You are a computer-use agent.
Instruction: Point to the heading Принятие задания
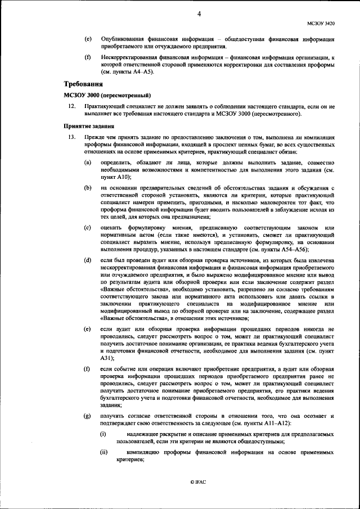pyautogui.click(x=89, y=126)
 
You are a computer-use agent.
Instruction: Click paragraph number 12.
pyautogui.click(x=71, y=106)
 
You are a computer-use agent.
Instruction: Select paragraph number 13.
pyautogui.click(x=71, y=137)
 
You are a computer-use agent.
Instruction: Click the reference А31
pyautogui.click(x=107, y=358)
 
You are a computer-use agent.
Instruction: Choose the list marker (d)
pyautogui.click(x=87, y=260)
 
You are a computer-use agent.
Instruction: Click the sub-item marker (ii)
pyautogui.click(x=104, y=452)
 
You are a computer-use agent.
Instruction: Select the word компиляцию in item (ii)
pyautogui.click(x=148, y=452)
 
